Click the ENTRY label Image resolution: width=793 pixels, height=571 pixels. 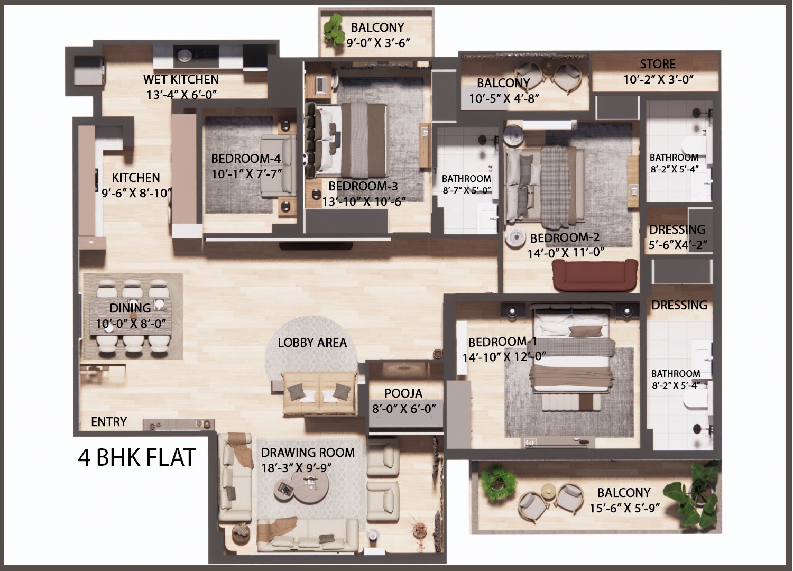click(109, 422)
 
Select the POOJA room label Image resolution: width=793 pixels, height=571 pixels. click(403, 393)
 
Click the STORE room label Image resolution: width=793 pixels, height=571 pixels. click(658, 64)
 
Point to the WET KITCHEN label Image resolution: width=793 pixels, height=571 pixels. click(181, 79)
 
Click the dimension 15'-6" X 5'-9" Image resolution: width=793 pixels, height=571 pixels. click(624, 509)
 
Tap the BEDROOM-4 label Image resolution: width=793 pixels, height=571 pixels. click(246, 159)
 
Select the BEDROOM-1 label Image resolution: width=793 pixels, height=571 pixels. click(502, 342)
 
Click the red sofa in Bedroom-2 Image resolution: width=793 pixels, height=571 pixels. click(595, 274)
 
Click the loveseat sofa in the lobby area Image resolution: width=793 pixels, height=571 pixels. click(319, 392)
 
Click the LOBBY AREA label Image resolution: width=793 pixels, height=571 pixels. click(312, 343)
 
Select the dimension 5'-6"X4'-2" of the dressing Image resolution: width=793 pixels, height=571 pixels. click(678, 245)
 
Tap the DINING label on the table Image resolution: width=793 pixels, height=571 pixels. click(130, 308)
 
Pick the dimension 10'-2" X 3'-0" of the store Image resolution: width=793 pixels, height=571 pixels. click(658, 80)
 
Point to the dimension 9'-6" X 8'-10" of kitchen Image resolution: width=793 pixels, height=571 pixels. click(136, 193)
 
